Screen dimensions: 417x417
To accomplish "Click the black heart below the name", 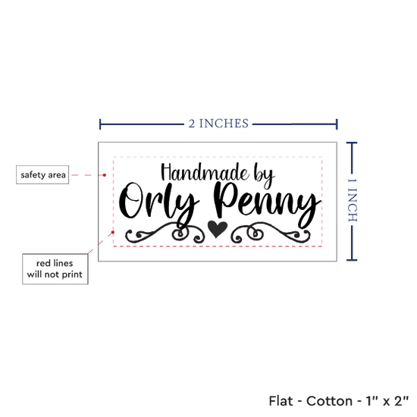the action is point(218,229).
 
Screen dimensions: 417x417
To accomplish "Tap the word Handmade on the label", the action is point(205,173).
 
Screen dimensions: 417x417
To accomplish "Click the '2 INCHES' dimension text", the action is point(218,124).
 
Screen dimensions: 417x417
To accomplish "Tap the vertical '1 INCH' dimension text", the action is point(352,200).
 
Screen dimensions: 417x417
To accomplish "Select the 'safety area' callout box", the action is point(42,174).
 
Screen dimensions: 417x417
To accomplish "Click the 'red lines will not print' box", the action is point(55,269).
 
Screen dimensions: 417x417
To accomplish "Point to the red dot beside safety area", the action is point(105,175).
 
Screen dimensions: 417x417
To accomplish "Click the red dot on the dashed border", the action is point(113,232).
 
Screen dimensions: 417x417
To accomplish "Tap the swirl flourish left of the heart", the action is point(165,233).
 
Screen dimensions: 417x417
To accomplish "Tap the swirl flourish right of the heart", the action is point(271,233).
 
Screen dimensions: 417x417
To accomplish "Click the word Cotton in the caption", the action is point(329,401).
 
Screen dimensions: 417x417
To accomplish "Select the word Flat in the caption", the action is point(281,401).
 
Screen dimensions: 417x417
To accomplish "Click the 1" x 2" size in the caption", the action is point(387,401).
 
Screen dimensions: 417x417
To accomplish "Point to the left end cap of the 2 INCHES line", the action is point(100,124).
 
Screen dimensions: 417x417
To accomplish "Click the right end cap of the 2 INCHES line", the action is point(337,124).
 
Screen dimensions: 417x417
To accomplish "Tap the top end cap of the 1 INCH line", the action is point(352,143).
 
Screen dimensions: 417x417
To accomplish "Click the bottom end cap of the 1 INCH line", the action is point(352,260).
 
